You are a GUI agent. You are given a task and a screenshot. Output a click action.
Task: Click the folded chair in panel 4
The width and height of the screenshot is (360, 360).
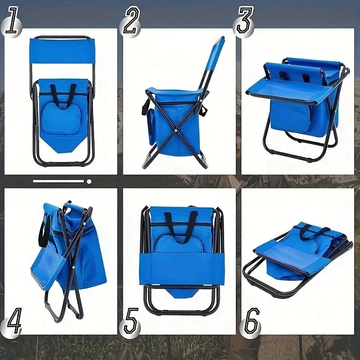point(67,256)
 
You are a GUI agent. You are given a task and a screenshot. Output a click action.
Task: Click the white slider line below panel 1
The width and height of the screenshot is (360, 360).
point(58,181)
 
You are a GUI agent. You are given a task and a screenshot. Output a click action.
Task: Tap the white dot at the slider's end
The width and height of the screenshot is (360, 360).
point(89,182)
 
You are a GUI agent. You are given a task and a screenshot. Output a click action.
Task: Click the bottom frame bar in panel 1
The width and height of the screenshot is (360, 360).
point(62,163)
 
